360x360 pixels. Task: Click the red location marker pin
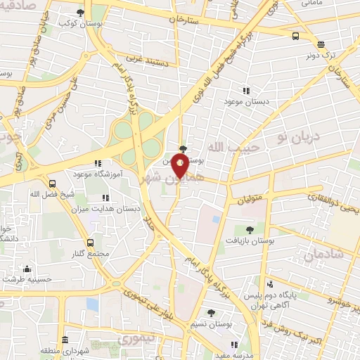pos(180,166)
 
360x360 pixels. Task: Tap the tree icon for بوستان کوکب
pos(80,13)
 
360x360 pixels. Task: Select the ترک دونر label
pos(324,54)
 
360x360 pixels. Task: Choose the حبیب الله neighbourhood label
pos(226,147)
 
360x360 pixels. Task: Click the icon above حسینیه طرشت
pos(27,269)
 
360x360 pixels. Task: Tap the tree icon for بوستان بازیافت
pos(250,229)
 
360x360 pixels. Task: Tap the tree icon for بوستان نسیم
pos(211,313)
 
